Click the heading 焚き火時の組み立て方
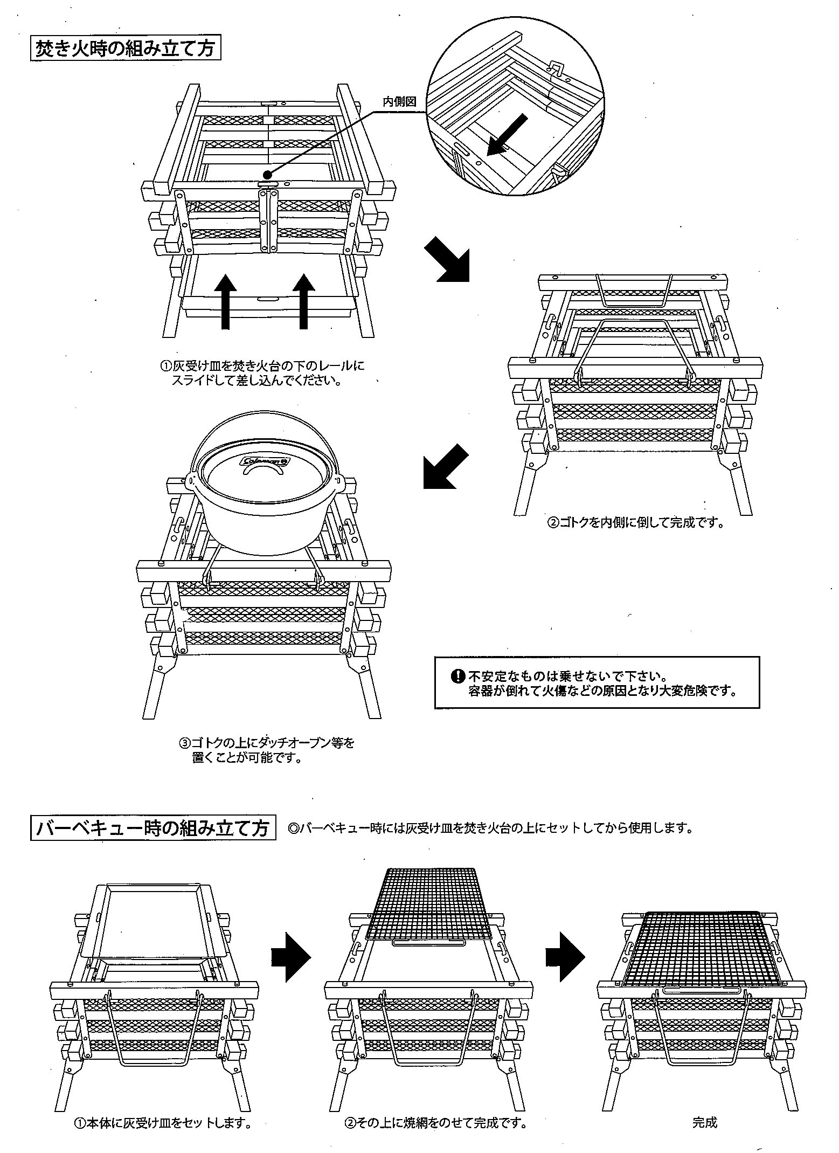(126, 49)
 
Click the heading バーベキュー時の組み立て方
(153, 827)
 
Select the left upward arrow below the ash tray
(226, 300)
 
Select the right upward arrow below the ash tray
(304, 300)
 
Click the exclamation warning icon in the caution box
(457, 675)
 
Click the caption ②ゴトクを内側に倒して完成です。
(635, 523)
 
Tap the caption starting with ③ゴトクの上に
(267, 750)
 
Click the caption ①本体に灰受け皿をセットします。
(162, 1123)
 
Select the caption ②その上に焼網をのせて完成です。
(435, 1123)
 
